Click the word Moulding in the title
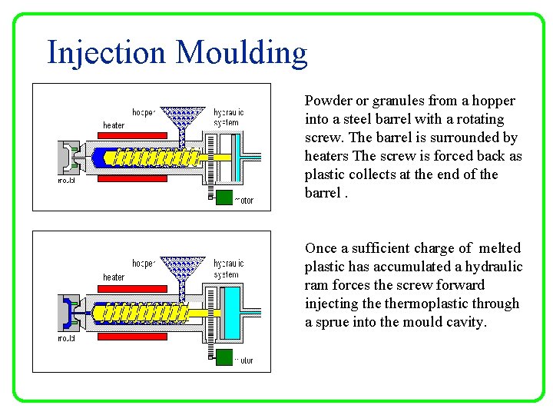241,53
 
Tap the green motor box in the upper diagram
224,198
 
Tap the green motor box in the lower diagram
224,357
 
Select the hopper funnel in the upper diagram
181,118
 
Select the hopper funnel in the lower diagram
181,269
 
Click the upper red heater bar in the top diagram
132,135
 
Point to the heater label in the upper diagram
114,125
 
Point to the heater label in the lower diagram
114,277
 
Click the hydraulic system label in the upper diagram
228,117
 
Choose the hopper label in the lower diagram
144,264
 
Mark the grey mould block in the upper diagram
67,159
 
